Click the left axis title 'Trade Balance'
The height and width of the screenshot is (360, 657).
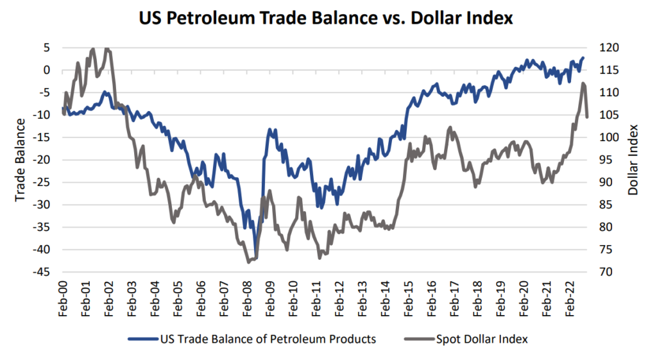coord(21,160)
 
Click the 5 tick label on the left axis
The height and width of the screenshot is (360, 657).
coord(47,48)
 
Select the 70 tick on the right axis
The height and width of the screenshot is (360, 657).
coord(606,272)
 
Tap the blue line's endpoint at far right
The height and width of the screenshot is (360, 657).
coord(583,58)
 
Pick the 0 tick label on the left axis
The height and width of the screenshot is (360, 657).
coord(47,71)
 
